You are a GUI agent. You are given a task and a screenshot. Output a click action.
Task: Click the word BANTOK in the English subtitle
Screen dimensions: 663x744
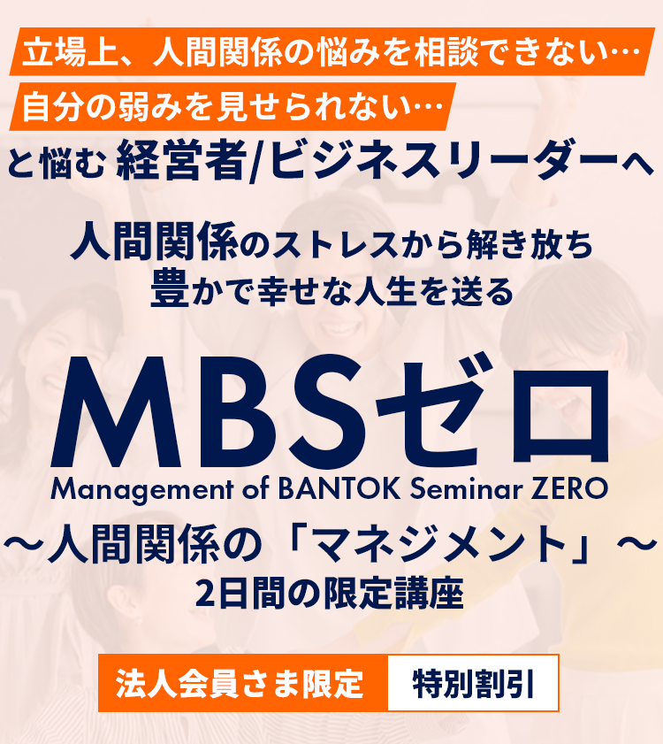point(339,488)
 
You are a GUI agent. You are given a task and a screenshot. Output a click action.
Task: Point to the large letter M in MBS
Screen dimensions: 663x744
point(116,413)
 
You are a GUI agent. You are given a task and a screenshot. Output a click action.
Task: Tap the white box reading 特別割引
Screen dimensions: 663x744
point(473,683)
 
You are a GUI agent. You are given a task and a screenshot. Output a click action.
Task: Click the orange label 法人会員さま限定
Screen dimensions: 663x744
point(243,683)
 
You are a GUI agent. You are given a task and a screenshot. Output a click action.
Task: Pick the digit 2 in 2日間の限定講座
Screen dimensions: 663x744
point(205,594)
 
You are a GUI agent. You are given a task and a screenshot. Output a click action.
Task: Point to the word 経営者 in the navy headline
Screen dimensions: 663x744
point(181,161)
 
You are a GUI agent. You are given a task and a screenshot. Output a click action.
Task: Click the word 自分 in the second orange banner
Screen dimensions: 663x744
point(53,107)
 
